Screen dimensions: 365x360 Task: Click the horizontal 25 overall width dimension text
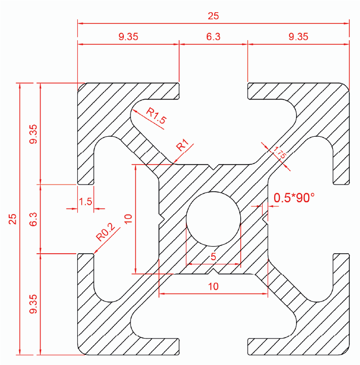[213, 16]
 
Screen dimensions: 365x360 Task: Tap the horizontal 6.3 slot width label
[213, 37]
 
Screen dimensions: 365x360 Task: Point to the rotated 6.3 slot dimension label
[34, 219]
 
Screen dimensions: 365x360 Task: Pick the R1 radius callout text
[183, 146]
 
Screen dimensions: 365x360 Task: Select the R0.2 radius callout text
[106, 233]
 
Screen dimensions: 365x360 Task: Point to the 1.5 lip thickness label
[85, 201]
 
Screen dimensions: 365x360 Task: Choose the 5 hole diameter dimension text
[213, 257]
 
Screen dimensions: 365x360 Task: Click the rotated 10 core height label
[128, 219]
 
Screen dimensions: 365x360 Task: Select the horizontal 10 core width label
[213, 287]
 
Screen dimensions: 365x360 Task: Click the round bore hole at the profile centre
[213, 219]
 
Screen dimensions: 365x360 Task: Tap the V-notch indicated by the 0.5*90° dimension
[265, 219]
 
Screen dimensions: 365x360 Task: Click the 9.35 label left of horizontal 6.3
[128, 37]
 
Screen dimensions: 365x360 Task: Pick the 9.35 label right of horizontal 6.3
[298, 37]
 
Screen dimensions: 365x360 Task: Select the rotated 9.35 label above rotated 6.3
[34, 134]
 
